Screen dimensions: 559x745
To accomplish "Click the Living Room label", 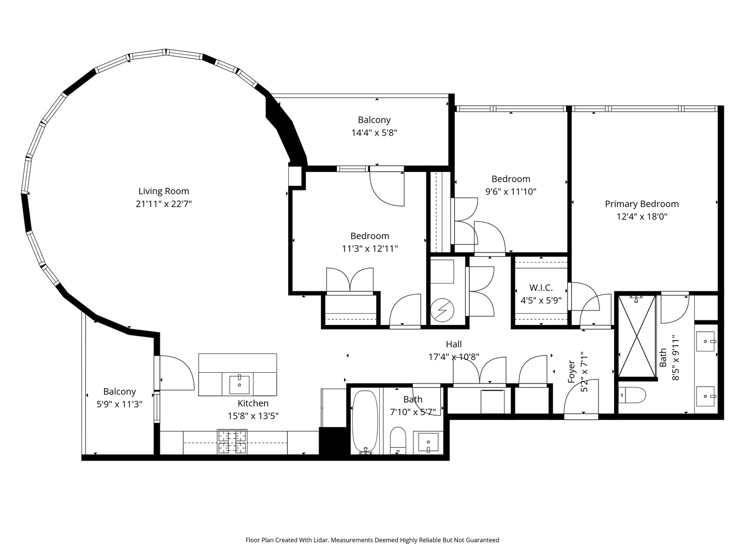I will click(x=163, y=191).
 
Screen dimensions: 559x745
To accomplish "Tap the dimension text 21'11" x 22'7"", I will click(x=163, y=204).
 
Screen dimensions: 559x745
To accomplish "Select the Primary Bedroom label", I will click(x=642, y=204).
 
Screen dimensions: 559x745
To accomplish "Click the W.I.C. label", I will click(x=541, y=288).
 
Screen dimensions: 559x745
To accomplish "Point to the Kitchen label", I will click(x=253, y=403).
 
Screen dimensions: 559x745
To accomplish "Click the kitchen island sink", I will click(x=239, y=385).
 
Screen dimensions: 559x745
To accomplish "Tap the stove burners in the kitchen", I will click(x=232, y=442).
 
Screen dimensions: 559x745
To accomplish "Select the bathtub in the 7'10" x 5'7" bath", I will click(x=365, y=422).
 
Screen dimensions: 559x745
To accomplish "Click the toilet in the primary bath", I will click(x=632, y=395).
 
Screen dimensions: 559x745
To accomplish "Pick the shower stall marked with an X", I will click(x=637, y=337).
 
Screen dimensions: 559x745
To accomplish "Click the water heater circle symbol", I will click(x=442, y=312).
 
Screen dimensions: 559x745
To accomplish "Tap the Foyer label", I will click(x=572, y=372).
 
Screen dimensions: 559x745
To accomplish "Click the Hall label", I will click(x=454, y=344).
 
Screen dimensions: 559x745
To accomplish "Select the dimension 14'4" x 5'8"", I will click(x=374, y=133).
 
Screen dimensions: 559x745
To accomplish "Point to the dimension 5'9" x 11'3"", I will click(x=120, y=405).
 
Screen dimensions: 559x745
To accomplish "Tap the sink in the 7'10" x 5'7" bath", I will click(x=428, y=443).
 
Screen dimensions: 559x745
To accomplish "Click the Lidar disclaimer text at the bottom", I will click(x=372, y=540).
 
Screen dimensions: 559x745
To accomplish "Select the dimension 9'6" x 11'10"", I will click(x=511, y=192).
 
